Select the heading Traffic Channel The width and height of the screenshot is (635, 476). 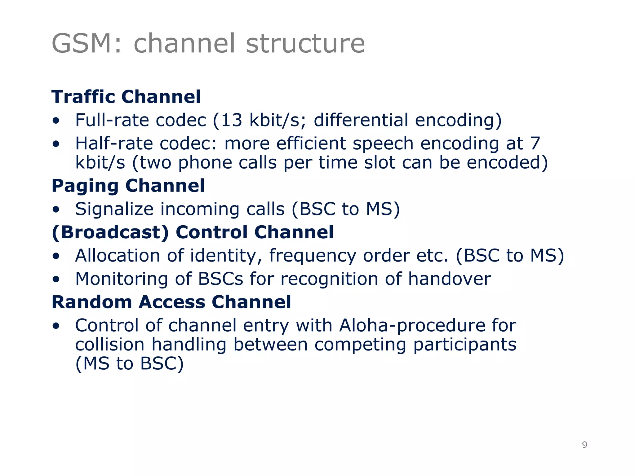[126, 97]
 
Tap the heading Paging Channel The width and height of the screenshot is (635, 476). [128, 186]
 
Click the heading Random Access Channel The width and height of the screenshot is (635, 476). [171, 302]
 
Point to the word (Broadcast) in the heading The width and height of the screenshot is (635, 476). [110, 232]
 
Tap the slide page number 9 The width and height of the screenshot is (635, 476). [584, 445]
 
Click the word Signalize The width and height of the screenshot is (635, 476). [114, 209]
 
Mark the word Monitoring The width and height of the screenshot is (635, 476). [122, 279]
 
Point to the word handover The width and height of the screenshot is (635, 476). [449, 279]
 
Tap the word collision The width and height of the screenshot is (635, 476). [110, 345]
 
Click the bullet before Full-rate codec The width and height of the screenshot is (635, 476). [56, 121]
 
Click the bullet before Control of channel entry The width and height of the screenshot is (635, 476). [56, 326]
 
